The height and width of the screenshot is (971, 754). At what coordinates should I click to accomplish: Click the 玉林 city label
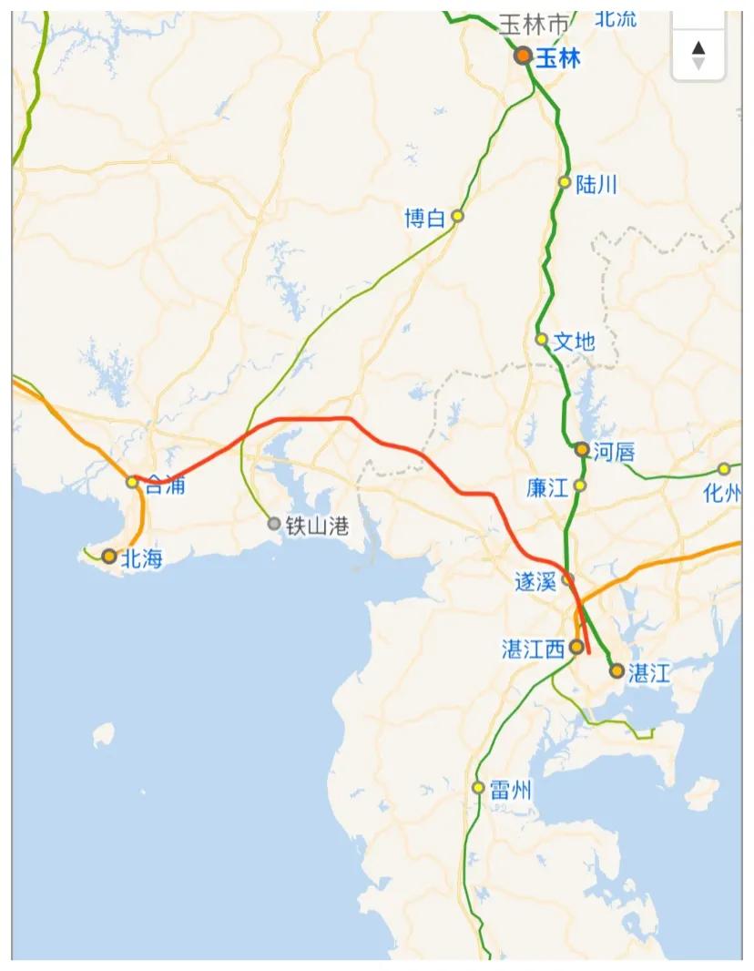(557, 57)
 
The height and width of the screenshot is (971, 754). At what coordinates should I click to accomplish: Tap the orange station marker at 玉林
(523, 56)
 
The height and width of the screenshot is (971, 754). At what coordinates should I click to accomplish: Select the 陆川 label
(596, 184)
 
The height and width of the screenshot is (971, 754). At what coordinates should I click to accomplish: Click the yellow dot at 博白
(457, 216)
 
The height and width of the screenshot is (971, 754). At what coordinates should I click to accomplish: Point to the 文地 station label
(574, 342)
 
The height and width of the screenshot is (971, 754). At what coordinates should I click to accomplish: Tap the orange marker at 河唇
(582, 449)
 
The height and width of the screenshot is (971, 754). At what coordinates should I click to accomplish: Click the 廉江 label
(546, 487)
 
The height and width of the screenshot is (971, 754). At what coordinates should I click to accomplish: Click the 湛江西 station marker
(576, 647)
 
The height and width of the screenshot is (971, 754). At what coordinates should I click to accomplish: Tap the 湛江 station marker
(616, 671)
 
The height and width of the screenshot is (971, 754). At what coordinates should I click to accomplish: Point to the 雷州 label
(510, 790)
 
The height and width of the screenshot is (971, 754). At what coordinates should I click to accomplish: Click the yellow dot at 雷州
(478, 787)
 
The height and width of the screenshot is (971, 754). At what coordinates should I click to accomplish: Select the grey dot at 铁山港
(274, 524)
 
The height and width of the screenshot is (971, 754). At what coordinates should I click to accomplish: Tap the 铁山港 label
(317, 526)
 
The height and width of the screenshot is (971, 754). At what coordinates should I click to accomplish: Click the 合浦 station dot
(132, 482)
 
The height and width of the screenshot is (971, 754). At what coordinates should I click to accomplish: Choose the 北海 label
(142, 558)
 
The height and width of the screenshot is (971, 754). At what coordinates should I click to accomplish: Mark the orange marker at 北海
(109, 556)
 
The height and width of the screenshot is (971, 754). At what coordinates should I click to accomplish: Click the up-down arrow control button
(698, 55)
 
